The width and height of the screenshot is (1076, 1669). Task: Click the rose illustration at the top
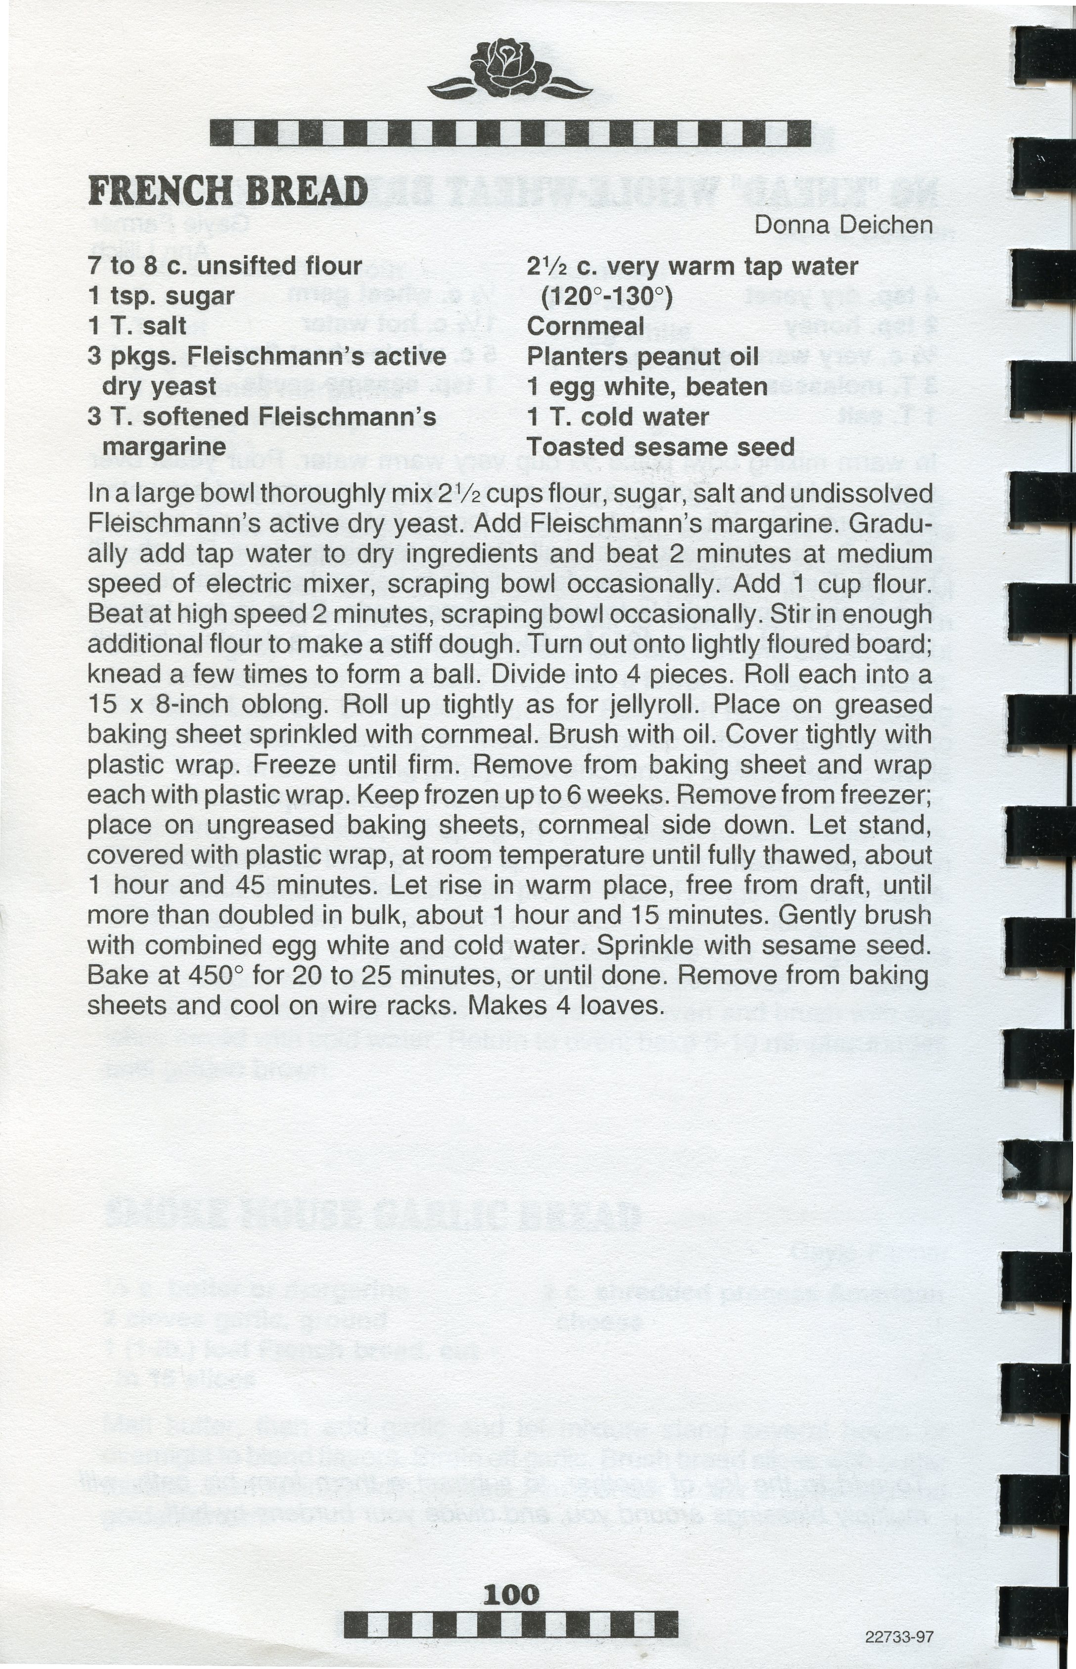click(x=510, y=70)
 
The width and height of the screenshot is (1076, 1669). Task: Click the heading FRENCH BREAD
click(x=228, y=191)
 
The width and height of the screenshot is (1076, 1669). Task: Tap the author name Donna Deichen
click(x=843, y=225)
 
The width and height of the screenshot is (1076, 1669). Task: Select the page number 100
click(x=511, y=1594)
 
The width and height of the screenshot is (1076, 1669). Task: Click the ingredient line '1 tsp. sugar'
click(x=161, y=296)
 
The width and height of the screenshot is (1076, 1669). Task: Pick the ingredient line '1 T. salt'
click(x=137, y=326)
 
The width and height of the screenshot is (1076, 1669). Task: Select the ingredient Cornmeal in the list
click(x=585, y=326)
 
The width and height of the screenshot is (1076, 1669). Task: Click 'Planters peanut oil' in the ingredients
click(x=642, y=356)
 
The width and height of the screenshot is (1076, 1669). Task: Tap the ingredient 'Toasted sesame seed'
click(x=660, y=447)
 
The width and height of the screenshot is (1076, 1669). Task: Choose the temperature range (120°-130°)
click(x=606, y=297)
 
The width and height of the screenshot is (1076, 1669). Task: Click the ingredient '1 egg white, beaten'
click(x=647, y=386)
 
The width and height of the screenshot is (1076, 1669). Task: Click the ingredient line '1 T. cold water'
click(x=618, y=417)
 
